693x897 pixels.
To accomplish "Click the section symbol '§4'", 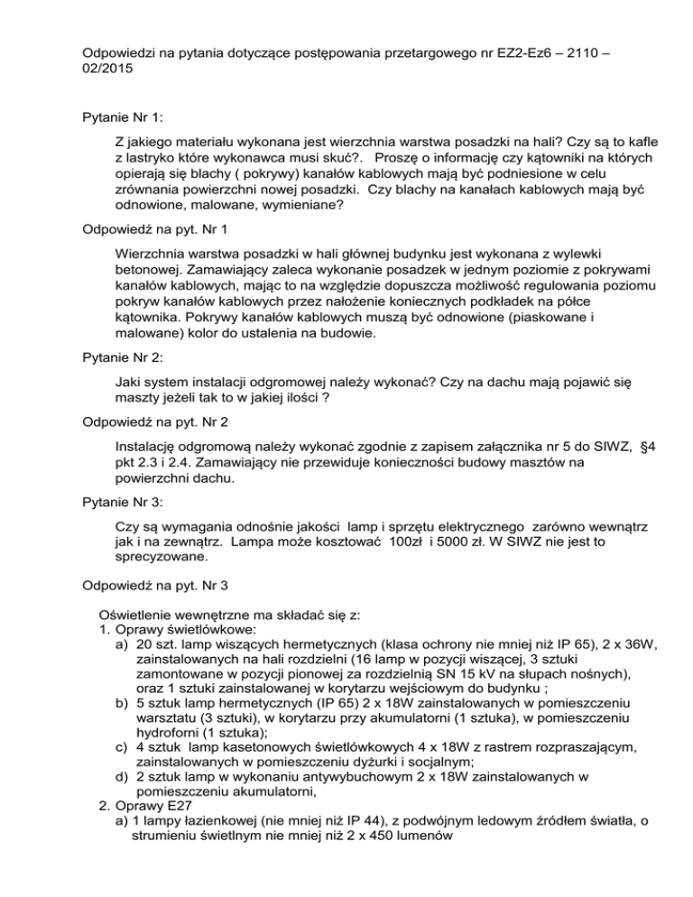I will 630,445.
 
